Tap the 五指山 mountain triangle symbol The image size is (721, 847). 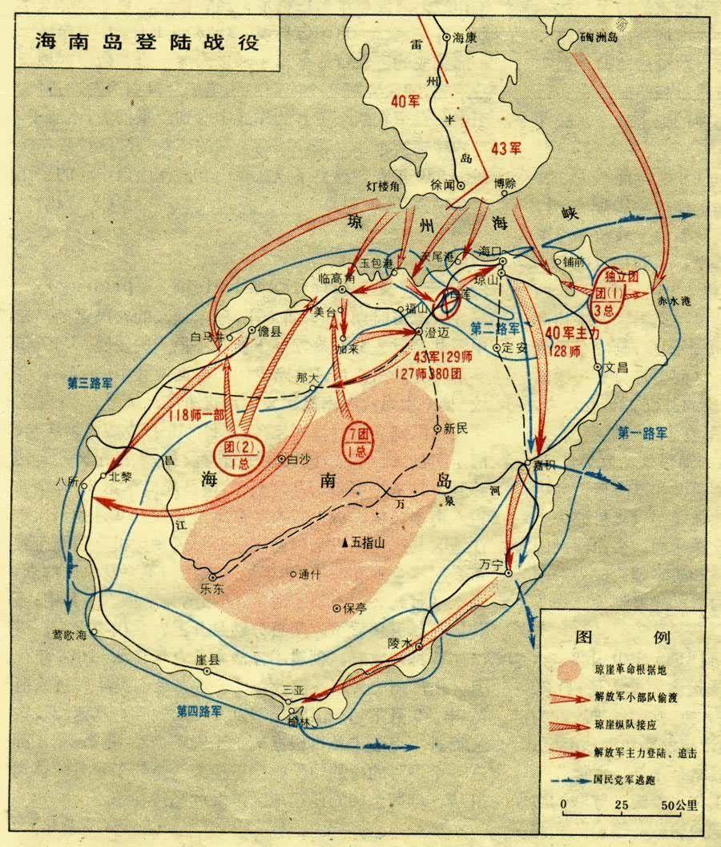(344, 543)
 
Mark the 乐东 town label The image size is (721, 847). (215, 589)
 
